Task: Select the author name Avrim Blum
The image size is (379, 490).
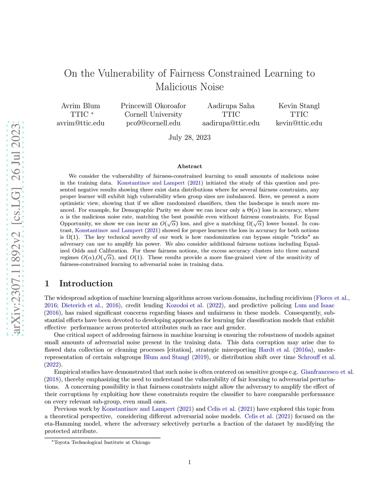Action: click(x=81, y=106)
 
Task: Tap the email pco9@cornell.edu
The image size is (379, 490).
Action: click(x=153, y=123)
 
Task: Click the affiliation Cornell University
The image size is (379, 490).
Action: click(x=153, y=114)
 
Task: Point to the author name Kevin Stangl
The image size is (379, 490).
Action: click(x=299, y=106)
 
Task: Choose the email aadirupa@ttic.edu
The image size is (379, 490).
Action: click(x=231, y=123)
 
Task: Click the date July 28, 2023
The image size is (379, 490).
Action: click(x=189, y=138)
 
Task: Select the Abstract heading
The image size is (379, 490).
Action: click(x=189, y=166)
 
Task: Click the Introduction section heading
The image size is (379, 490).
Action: click(x=86, y=284)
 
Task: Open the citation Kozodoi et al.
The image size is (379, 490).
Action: click(x=185, y=305)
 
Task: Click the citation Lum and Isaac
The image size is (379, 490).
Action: click(x=314, y=305)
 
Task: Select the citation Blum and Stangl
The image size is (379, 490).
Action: click(x=166, y=357)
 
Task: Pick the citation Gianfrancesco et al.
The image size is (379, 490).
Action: click(x=327, y=372)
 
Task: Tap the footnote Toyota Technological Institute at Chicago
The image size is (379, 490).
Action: click(x=102, y=442)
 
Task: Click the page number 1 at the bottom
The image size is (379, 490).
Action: click(x=189, y=462)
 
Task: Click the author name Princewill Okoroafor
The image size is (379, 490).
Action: click(x=153, y=106)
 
